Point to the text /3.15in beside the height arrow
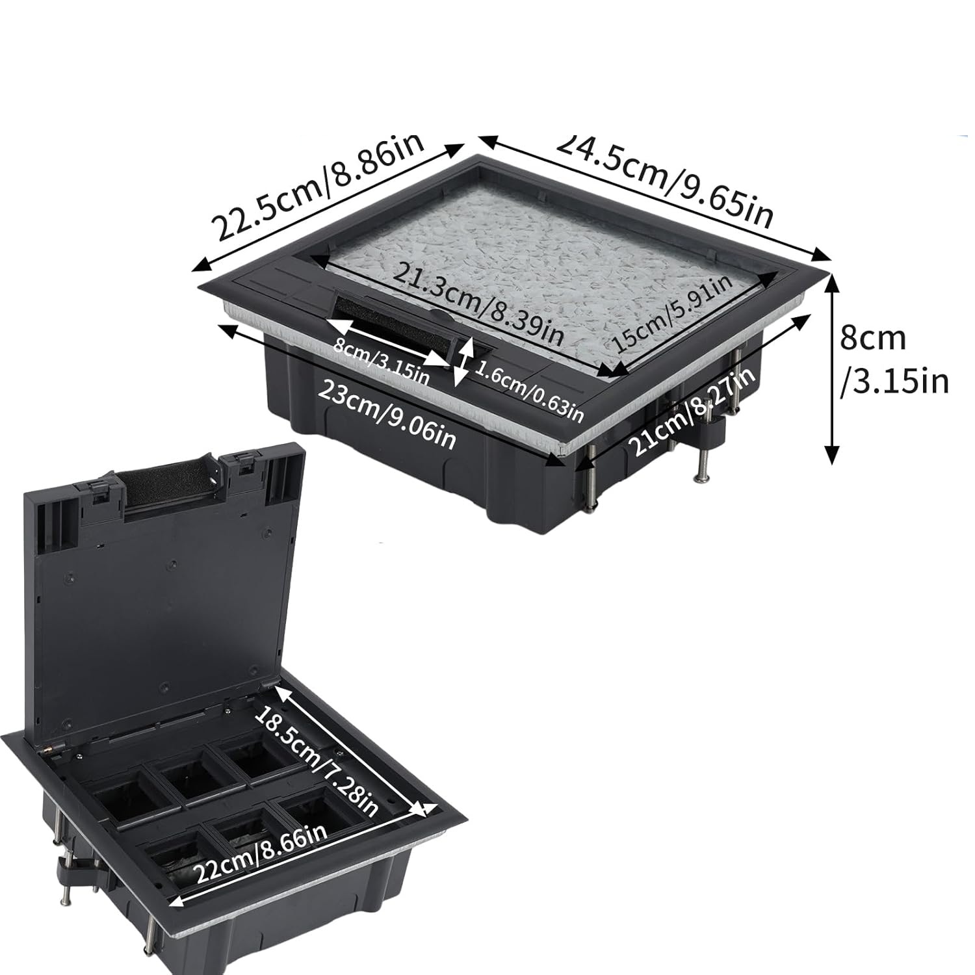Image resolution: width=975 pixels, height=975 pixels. point(894,382)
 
